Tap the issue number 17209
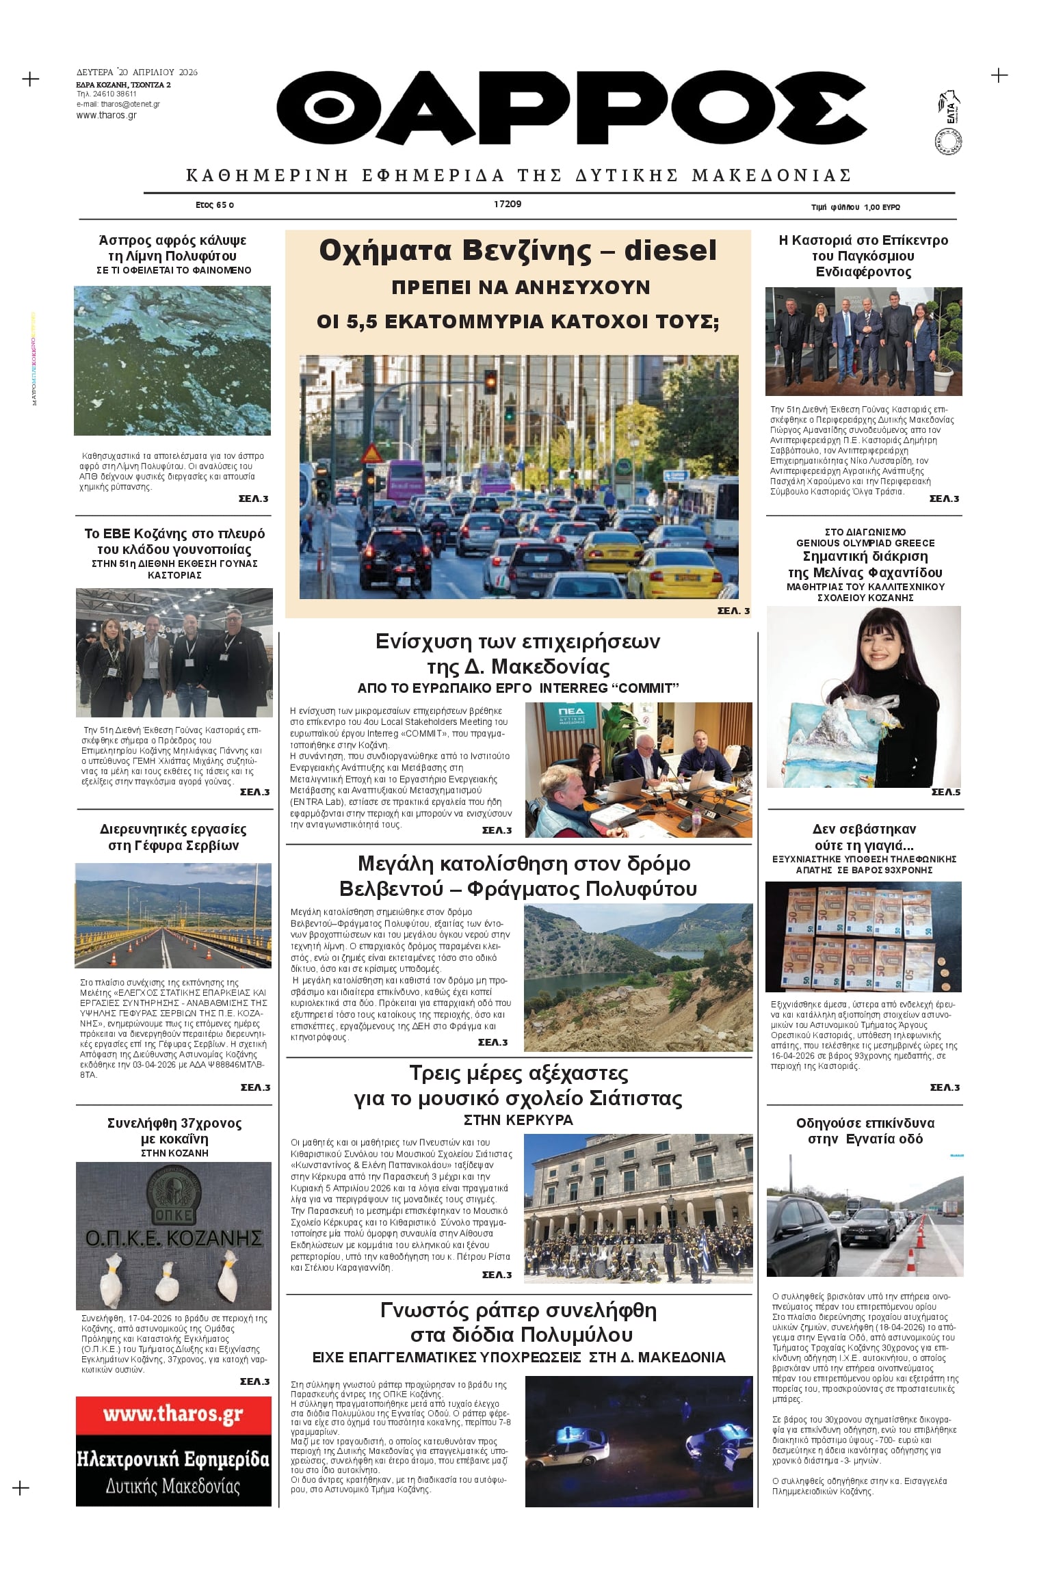tap(508, 204)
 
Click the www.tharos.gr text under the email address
tap(107, 116)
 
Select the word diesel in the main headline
tap(670, 250)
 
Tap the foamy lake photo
tap(172, 360)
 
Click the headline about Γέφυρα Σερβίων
tap(173, 837)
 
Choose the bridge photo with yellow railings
tap(173, 915)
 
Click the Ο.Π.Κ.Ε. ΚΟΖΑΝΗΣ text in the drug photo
tap(174, 1238)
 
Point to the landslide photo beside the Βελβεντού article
tap(638, 977)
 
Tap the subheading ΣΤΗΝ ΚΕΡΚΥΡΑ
tap(518, 1120)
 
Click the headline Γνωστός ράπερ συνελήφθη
tap(518, 1322)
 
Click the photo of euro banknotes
tap(863, 936)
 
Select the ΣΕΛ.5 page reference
tap(945, 792)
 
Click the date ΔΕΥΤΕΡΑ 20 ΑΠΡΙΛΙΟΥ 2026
tap(137, 72)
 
